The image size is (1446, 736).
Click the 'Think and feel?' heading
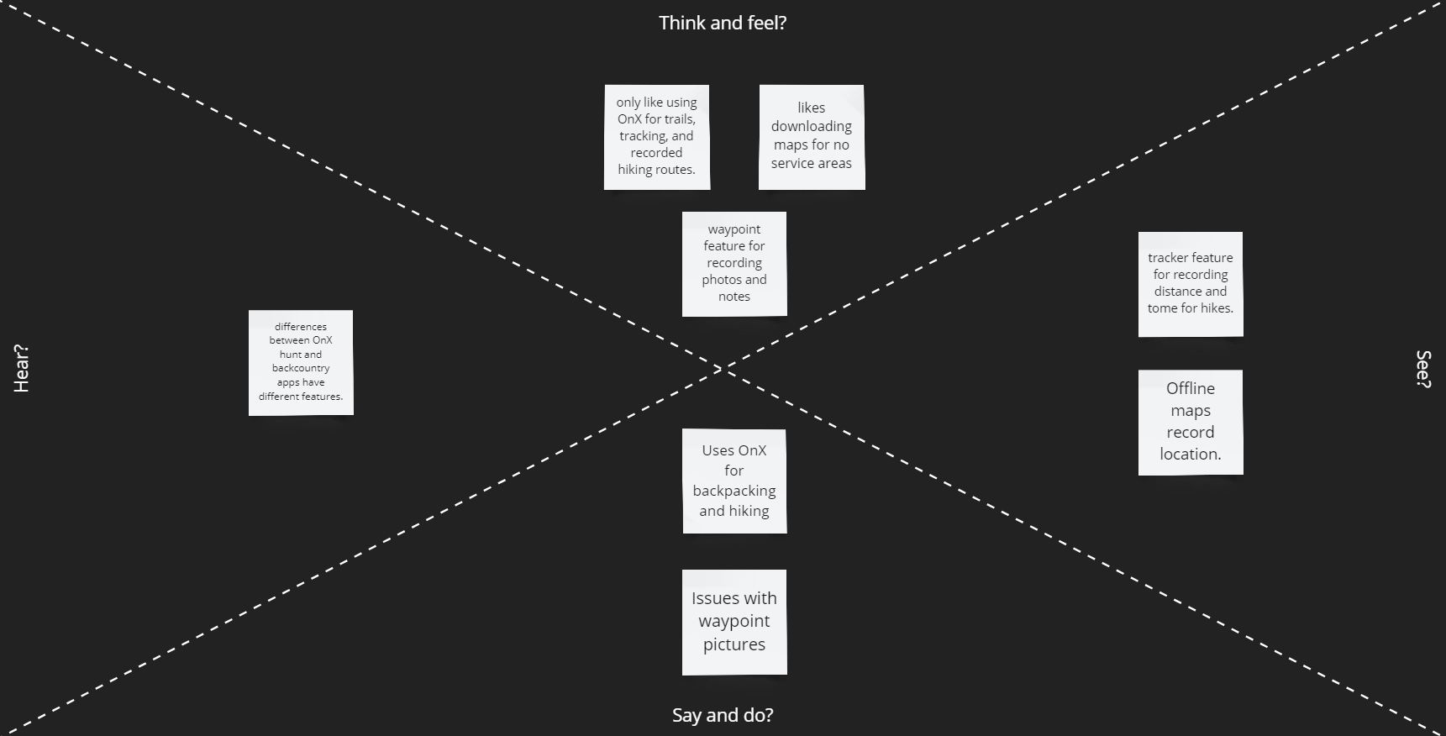tap(723, 23)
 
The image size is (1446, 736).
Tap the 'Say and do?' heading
tap(723, 715)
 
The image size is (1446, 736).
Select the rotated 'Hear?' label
tap(22, 368)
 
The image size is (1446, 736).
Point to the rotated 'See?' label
tap(1423, 369)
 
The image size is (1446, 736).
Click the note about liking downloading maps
tap(812, 137)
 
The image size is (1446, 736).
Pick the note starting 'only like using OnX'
tap(657, 137)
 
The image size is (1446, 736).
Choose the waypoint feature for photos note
tap(734, 264)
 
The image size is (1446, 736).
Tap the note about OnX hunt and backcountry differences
tap(301, 362)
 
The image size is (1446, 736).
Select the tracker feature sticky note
tap(1191, 284)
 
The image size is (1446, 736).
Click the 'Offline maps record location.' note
tap(1191, 422)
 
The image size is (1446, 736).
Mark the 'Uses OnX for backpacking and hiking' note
tap(734, 481)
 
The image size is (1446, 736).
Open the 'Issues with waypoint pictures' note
tap(734, 622)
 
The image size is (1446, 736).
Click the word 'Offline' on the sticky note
tap(1191, 388)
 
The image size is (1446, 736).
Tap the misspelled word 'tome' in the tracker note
tap(1162, 308)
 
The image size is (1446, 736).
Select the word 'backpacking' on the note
tap(734, 491)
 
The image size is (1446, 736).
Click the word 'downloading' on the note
tap(812, 126)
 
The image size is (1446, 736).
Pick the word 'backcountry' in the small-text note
tap(301, 368)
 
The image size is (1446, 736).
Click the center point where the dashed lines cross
tap(723, 369)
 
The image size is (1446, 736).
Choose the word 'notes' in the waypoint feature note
tap(734, 297)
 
